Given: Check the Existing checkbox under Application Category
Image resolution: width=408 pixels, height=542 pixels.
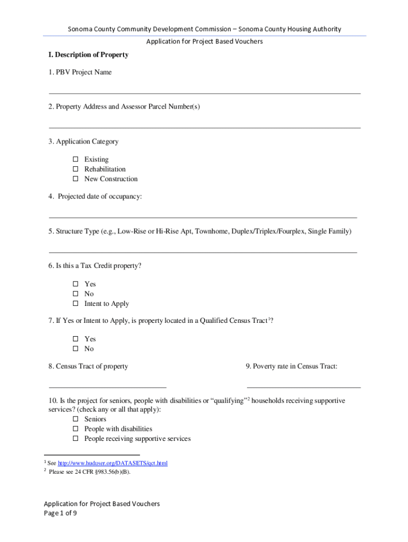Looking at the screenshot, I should click(x=75, y=159).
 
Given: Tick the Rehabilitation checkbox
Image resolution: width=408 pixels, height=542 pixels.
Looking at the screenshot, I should click(x=75, y=169).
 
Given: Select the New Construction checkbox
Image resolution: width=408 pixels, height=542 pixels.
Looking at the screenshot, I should click(x=75, y=179).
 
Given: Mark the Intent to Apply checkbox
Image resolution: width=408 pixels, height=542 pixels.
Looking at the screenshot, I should click(x=75, y=304).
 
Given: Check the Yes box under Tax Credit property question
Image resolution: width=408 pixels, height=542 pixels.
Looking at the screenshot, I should click(x=75, y=284).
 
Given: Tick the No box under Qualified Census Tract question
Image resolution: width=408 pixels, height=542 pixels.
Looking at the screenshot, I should click(x=75, y=349).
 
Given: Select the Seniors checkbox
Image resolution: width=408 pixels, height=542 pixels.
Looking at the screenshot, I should click(x=75, y=419).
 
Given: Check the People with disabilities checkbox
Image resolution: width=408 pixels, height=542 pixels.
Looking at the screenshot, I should click(x=75, y=429).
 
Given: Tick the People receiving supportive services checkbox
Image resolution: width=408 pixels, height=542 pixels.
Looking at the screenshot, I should click(x=75, y=439).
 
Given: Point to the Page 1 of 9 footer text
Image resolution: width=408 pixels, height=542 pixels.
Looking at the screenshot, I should click(x=61, y=513).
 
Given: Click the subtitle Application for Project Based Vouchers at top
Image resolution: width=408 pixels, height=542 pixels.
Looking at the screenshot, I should click(x=205, y=41).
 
